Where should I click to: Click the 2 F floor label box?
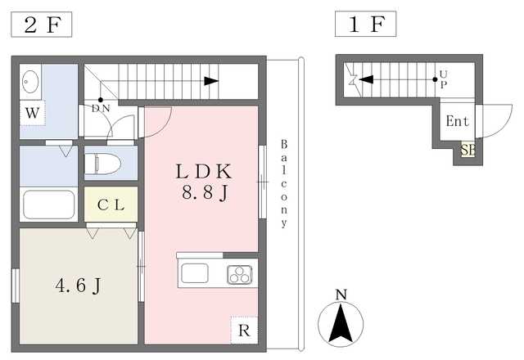tap(42, 25)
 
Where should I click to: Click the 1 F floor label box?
tap(366, 24)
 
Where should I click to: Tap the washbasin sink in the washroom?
tap(30, 82)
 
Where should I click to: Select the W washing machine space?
tap(33, 113)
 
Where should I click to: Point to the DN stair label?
tap(101, 108)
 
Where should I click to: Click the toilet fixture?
tap(102, 164)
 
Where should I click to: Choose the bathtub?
tap(49, 205)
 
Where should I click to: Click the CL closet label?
tap(111, 205)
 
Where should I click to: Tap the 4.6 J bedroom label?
tap(79, 286)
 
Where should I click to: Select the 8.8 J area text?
tap(205, 193)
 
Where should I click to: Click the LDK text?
tap(204, 172)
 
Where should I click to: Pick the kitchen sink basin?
tap(195, 272)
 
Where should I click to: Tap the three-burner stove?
tap(240, 275)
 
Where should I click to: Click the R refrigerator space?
tap(244, 331)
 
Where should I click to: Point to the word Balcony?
tap(284, 183)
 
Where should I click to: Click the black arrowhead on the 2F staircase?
tap(211, 81)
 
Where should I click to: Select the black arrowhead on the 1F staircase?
tap(366, 79)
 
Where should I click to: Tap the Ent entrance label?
tap(458, 121)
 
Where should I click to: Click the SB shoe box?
tap(468, 150)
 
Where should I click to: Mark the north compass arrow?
tap(341, 322)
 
